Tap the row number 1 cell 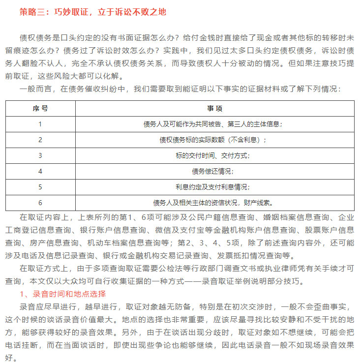pos(40,124)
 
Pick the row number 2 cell pos(40,140)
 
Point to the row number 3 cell pos(40,155)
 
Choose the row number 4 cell pos(40,171)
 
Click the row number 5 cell pos(40,187)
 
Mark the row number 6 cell pos(40,203)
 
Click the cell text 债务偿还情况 pos(212,171)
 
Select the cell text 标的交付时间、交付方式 pos(212,155)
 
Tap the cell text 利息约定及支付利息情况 pos(212,187)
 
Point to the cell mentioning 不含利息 pos(212,140)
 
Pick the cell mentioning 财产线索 pos(212,203)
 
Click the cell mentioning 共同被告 pos(212,124)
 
